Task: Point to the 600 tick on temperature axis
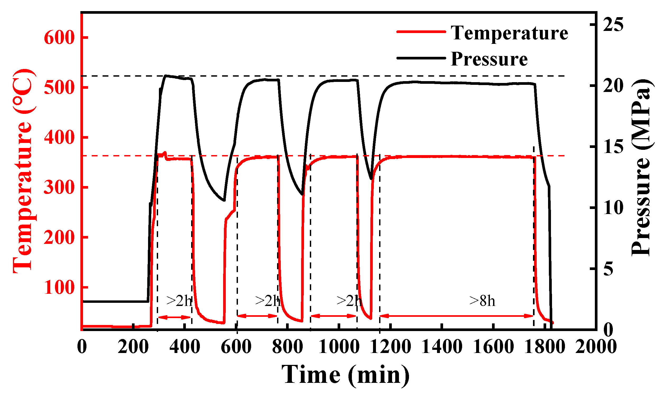pyautogui.click(x=59, y=38)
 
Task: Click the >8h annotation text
pyautogui.click(x=482, y=301)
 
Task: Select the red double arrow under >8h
pyautogui.click(x=456, y=316)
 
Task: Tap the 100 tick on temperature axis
pyautogui.click(x=59, y=287)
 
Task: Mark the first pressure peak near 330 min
pyautogui.click(x=167, y=76)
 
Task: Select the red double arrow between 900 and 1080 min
pyautogui.click(x=333, y=316)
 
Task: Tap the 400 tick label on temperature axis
pyautogui.click(x=59, y=138)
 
